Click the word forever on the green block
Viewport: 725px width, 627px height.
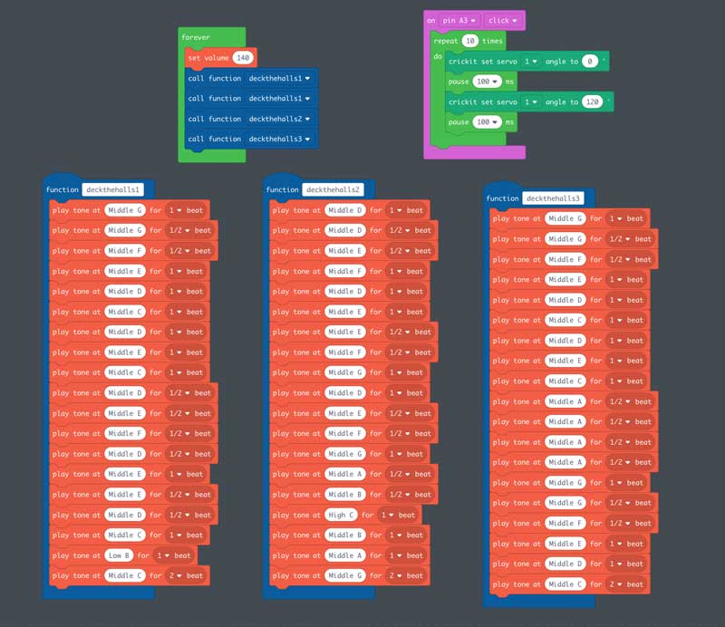click(x=196, y=37)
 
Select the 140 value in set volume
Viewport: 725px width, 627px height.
click(x=242, y=57)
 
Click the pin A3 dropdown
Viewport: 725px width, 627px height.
click(x=461, y=20)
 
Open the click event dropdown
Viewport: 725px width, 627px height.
click(x=504, y=20)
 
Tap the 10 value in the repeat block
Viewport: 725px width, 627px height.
click(x=469, y=41)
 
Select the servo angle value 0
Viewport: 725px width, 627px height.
click(x=590, y=61)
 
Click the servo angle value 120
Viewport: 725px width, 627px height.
click(x=593, y=101)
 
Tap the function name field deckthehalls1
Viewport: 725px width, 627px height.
click(x=113, y=189)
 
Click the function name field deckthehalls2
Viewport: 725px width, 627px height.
click(x=333, y=189)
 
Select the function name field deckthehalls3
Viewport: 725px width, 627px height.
click(x=553, y=198)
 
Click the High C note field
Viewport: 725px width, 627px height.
click(x=340, y=515)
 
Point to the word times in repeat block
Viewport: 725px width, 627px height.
click(x=492, y=41)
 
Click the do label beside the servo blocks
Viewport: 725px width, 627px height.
click(x=438, y=56)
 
